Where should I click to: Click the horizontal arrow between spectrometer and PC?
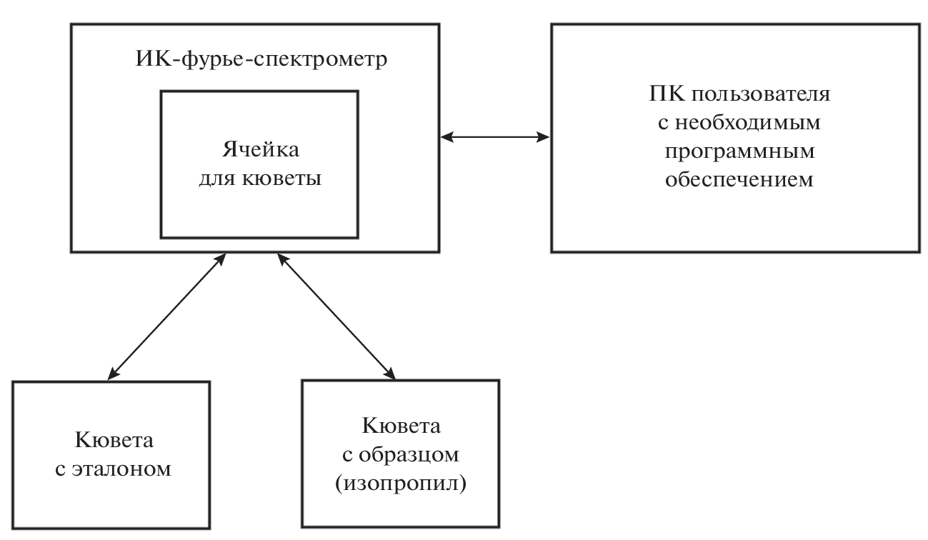point(496,136)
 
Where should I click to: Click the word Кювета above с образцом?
point(401,426)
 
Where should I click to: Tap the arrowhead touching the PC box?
point(543,136)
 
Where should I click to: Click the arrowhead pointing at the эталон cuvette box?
point(113,372)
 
